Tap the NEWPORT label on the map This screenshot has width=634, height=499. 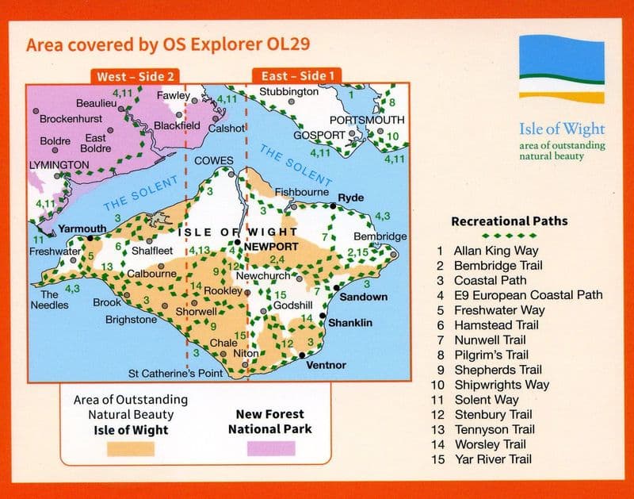(271, 247)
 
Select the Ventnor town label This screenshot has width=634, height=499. (325, 365)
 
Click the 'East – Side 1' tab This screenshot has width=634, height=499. (294, 77)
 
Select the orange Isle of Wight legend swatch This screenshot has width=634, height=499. (130, 449)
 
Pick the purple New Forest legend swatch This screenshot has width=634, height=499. (270, 449)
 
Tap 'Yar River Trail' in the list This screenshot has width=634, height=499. (492, 459)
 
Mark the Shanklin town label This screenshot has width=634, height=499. (350, 323)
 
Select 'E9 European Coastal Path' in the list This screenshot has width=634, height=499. (528, 295)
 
